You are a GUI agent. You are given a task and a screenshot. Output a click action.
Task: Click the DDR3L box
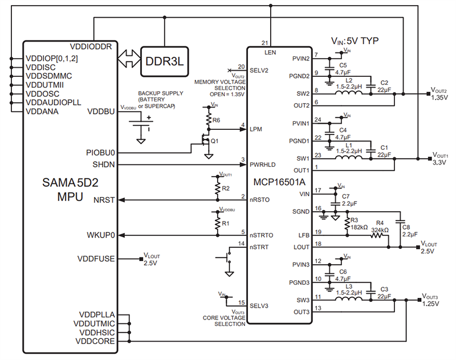point(165,61)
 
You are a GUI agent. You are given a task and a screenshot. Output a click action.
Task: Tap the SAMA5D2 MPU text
point(68,190)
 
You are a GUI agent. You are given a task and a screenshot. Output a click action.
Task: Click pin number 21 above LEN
point(264,43)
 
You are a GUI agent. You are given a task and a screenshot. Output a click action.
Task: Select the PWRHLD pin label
point(263,165)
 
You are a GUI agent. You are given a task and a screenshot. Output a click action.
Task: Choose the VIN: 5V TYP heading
point(355,41)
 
